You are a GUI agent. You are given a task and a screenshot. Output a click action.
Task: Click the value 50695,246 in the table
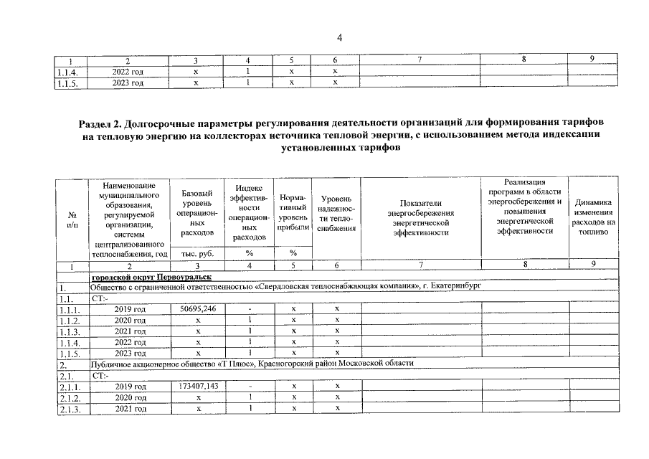coord(196,308)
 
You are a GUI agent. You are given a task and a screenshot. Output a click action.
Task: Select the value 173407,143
coord(196,386)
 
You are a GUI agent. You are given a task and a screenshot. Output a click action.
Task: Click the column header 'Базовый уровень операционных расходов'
coord(196,213)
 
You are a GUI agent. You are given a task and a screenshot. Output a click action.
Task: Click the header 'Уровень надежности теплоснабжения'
coord(336,213)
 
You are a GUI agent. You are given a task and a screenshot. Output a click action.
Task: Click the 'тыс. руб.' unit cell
coord(196,254)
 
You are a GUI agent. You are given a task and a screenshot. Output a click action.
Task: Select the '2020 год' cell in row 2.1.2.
coord(130,397)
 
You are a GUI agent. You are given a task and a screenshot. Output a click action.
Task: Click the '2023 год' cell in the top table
coord(130,83)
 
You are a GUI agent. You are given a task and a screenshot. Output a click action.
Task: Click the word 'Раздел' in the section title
coord(98,124)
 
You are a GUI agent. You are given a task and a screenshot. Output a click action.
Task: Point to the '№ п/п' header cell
coord(72,219)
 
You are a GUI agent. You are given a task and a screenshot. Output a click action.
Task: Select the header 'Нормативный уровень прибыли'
coord(293,213)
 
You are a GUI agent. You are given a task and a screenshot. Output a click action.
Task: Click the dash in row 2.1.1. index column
coord(247,386)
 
